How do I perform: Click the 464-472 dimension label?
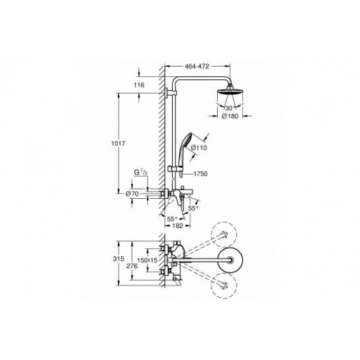click(x=197, y=67)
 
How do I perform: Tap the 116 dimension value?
click(x=139, y=85)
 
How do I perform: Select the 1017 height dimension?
click(x=119, y=143)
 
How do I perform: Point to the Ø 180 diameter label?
click(x=230, y=116)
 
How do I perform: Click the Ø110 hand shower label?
click(x=199, y=148)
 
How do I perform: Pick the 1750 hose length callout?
click(x=200, y=174)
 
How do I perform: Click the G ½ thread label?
click(x=141, y=172)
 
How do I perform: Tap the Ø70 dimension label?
click(x=132, y=193)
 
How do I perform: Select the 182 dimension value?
click(x=178, y=226)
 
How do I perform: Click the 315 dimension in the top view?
click(x=118, y=259)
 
